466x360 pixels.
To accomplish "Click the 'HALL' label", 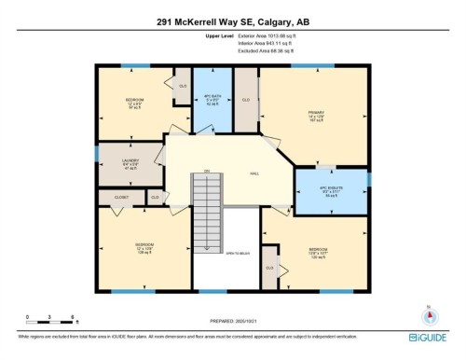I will (254, 173).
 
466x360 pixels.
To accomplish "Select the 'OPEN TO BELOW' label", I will (239, 253).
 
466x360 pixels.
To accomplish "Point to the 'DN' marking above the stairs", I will (205, 171).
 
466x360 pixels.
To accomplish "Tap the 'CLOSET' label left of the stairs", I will (122, 197).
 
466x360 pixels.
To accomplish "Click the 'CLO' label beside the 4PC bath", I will (245, 99).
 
